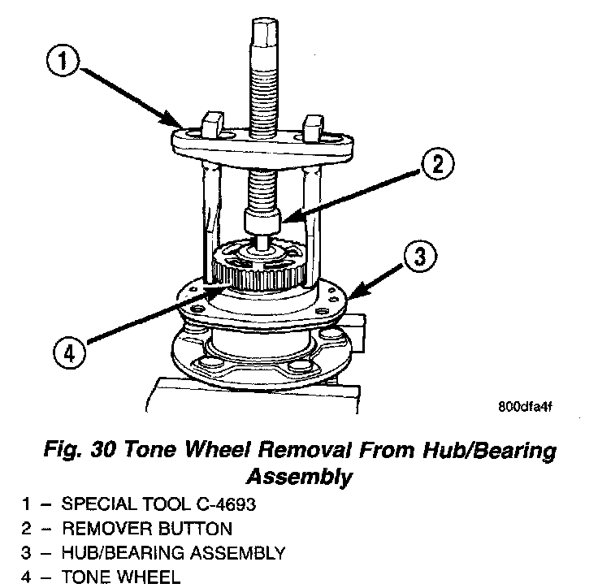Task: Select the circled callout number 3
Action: [418, 257]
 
